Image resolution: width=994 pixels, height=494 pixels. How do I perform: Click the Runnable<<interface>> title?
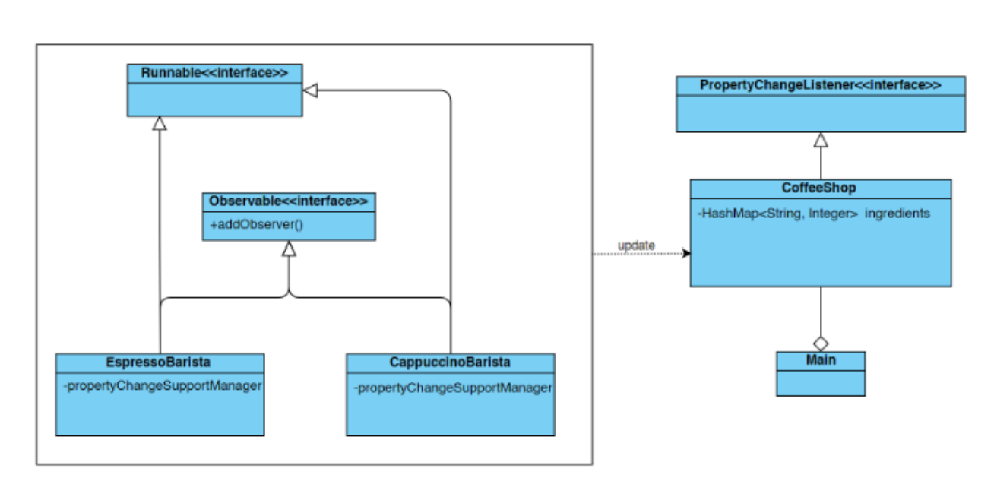click(x=214, y=73)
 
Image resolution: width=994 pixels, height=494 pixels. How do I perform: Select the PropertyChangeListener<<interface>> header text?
click(x=820, y=85)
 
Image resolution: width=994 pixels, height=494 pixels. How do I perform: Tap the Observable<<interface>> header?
click(x=288, y=201)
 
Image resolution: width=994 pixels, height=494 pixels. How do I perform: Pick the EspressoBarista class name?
click(x=160, y=363)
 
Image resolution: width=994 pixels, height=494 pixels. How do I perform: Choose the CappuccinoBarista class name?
click(x=450, y=363)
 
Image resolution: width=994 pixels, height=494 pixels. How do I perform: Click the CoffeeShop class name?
click(x=820, y=188)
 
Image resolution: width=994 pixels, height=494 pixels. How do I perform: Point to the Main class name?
click(x=820, y=359)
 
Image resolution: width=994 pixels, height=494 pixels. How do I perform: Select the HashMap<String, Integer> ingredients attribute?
click(x=813, y=214)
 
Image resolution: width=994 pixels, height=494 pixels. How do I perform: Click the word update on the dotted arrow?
click(x=636, y=245)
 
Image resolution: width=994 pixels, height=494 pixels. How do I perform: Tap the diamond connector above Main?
click(x=820, y=343)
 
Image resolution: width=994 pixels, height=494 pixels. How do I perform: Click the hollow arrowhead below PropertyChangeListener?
click(x=820, y=140)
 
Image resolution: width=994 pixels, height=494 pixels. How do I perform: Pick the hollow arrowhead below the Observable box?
click(x=288, y=249)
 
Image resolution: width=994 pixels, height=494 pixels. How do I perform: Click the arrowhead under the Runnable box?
click(x=159, y=124)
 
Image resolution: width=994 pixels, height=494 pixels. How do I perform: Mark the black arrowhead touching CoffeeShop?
click(x=686, y=254)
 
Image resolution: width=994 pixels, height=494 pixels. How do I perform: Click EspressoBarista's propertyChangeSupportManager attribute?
click(x=163, y=386)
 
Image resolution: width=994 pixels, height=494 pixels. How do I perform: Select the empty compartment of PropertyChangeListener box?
click(x=820, y=112)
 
